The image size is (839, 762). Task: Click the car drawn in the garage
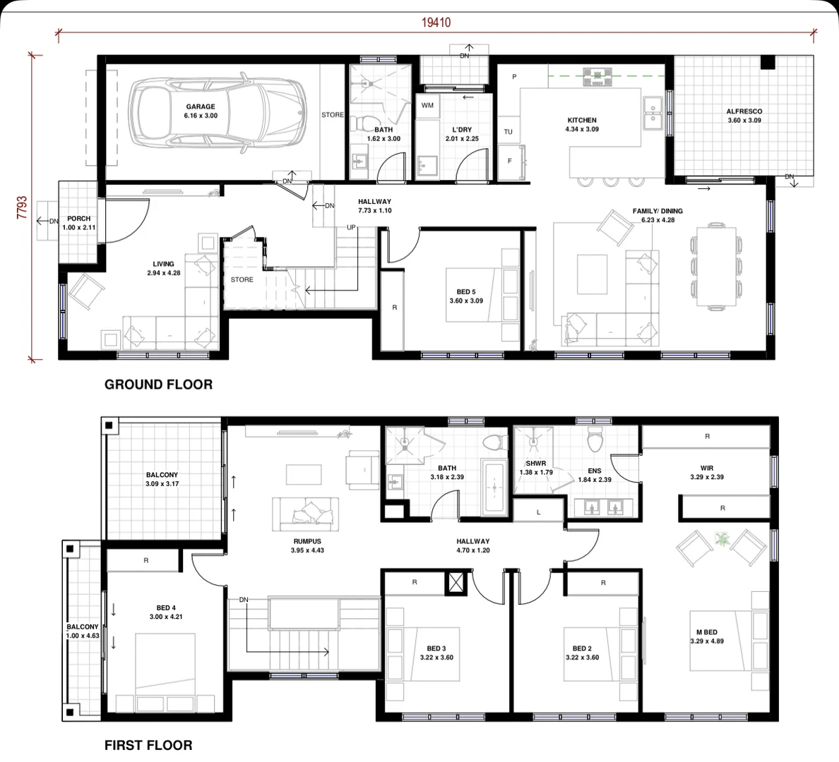point(218,114)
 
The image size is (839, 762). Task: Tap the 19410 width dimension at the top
point(436,23)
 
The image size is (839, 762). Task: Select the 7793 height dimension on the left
point(22,209)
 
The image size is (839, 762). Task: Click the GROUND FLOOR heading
point(158,385)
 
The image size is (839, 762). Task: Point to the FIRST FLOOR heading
point(148,745)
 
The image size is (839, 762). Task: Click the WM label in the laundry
point(427,106)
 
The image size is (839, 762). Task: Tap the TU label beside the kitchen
point(508,132)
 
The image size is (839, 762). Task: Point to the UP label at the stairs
point(351,228)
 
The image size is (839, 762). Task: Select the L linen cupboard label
point(538,512)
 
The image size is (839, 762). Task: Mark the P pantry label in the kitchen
point(514,77)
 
